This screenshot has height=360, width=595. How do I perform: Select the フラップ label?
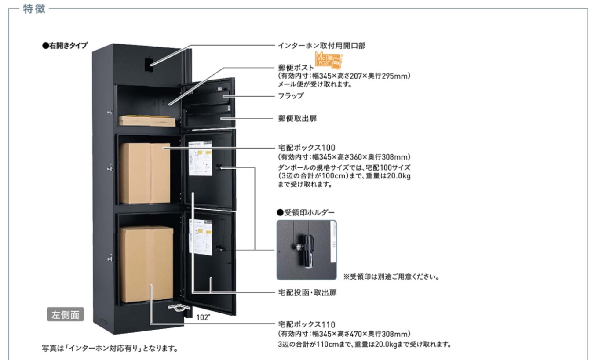pyautogui.click(x=291, y=95)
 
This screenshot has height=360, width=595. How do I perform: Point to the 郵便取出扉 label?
pyautogui.click(x=297, y=118)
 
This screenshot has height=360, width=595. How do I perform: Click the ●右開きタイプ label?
pyautogui.click(x=65, y=45)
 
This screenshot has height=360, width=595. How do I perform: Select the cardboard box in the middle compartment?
pyautogui.click(x=145, y=172)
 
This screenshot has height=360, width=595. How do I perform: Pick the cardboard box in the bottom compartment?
pyautogui.click(x=146, y=264)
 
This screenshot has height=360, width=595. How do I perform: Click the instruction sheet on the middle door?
pyautogui.click(x=201, y=158)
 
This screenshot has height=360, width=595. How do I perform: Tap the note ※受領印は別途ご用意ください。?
pyautogui.click(x=392, y=277)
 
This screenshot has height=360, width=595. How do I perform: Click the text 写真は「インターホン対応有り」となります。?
pyautogui.click(x=110, y=349)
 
